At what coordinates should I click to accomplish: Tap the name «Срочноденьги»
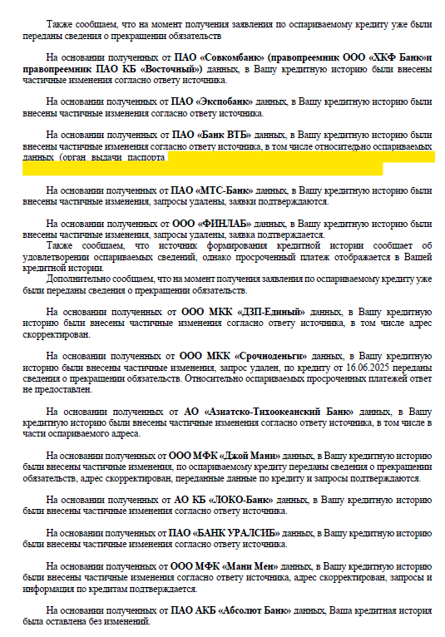266,355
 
